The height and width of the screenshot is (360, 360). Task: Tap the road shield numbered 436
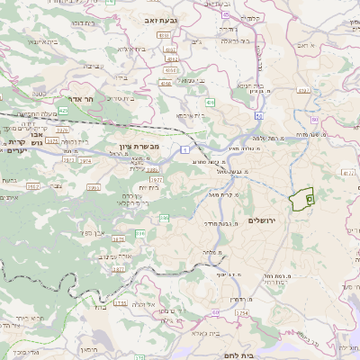[x=210, y=103]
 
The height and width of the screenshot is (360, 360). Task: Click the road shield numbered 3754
[x=242, y=313]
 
